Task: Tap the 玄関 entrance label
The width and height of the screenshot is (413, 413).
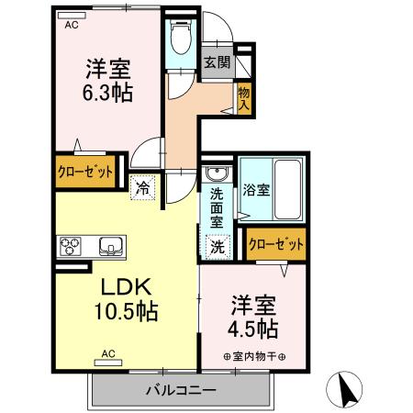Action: coord(217,62)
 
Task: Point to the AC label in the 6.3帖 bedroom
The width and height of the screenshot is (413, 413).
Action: coord(72,26)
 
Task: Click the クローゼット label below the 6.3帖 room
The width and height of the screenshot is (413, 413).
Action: coord(87,172)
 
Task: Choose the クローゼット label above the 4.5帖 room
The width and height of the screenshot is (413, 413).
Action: coord(276,244)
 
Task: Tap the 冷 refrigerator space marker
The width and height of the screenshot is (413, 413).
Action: coord(143,187)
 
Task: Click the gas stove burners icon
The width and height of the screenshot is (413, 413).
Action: coord(72,245)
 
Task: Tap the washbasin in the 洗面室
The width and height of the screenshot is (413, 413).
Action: coord(218,175)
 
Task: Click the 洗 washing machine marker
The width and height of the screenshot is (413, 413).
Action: coord(218,245)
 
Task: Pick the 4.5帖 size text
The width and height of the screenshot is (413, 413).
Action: coord(253,328)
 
